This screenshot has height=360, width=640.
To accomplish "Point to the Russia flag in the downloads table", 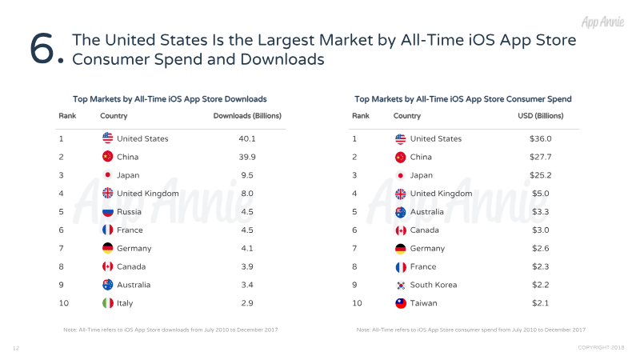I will tap(107, 212).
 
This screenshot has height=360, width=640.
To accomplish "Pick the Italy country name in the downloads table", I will tap(126, 303).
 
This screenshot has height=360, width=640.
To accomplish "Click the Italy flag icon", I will tap(107, 303).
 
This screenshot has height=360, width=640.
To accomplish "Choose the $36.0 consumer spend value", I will tap(540, 138).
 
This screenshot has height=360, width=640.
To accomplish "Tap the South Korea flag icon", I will tap(401, 285).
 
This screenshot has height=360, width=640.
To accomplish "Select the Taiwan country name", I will tap(423, 303).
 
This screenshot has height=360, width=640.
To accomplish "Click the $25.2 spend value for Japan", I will tap(540, 175).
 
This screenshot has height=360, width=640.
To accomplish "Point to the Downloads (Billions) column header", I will tap(247, 116).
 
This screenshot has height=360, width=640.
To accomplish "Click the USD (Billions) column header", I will tap(541, 116).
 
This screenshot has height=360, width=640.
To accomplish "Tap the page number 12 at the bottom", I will tap(15, 348).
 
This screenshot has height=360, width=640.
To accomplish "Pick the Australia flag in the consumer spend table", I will tap(401, 212).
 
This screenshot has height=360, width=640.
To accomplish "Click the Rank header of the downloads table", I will tap(67, 116).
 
